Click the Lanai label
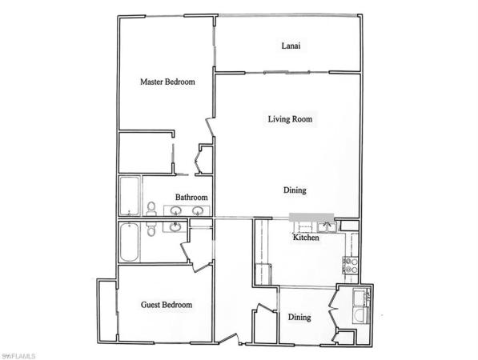coord(291,46)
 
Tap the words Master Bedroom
coord(167,82)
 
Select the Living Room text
coord(290,118)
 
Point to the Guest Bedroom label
coord(167,305)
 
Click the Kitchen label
coord(306,238)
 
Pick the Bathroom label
coord(191,197)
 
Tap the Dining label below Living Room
coord(295,190)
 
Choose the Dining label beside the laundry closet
coord(299,317)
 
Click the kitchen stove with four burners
coord(351,266)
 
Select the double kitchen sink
coord(326,227)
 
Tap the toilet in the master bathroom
coord(151,208)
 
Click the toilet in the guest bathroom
coord(151,229)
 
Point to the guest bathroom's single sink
coord(175,226)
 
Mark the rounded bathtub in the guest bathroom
coord(130,242)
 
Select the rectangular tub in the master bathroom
coord(130,196)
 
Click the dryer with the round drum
coord(360,315)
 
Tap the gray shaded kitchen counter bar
coord(311,217)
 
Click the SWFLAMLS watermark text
coord(18,356)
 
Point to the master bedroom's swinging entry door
coord(211,126)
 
